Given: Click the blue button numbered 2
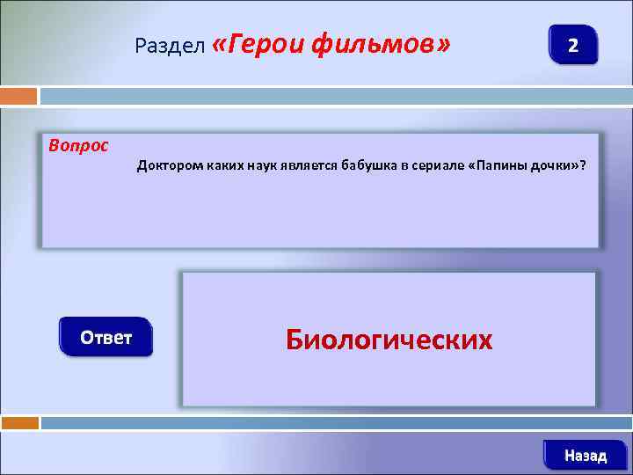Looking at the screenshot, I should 572,44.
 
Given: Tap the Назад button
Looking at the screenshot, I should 586,455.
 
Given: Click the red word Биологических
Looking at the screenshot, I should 389,340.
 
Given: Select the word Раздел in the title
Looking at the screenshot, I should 171,45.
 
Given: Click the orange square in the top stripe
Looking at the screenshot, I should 18,96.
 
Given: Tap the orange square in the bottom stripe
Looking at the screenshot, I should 19,423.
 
